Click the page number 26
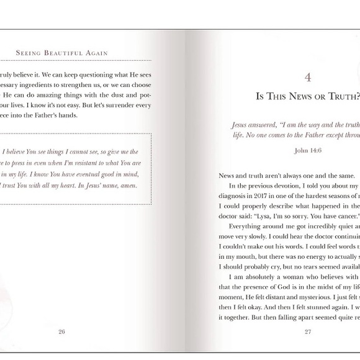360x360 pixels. (x=61, y=331)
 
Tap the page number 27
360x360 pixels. (x=307, y=331)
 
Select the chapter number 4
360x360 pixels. (x=308, y=77)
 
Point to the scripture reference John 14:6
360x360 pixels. (x=308, y=150)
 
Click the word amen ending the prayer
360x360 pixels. (x=128, y=185)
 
